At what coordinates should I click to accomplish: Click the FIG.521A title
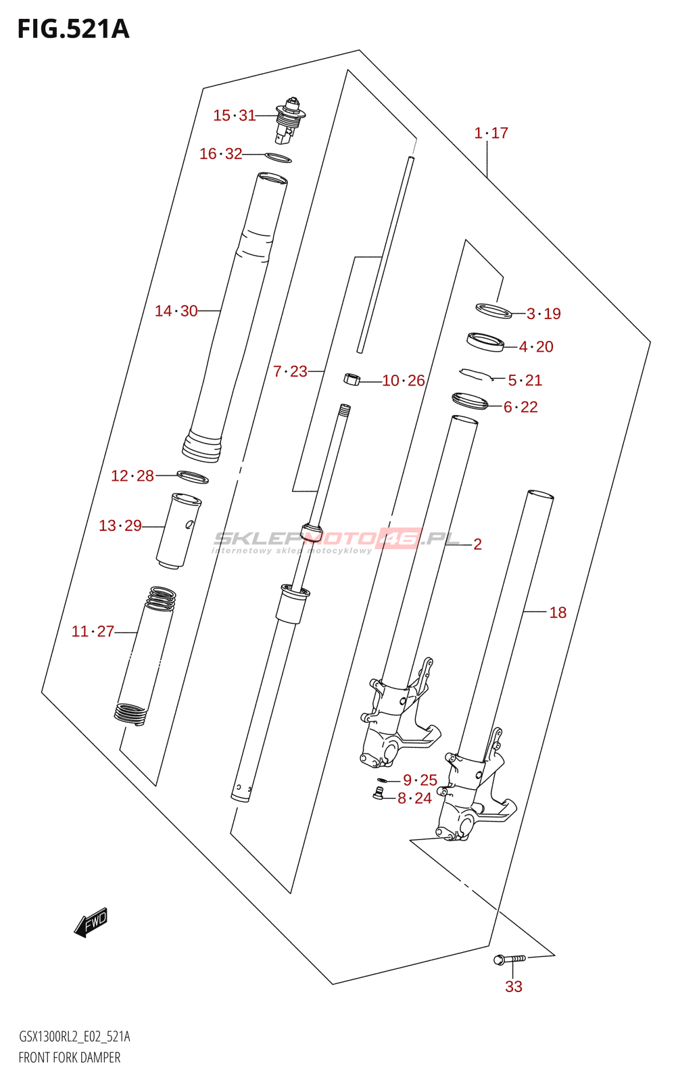coord(74,29)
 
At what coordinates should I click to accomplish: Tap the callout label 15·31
coord(235,116)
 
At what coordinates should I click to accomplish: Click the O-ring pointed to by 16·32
coord(278,158)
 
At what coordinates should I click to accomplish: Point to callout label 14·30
coord(176,311)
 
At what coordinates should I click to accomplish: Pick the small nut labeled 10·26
coord(352,379)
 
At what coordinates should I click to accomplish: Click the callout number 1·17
coord(491,133)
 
